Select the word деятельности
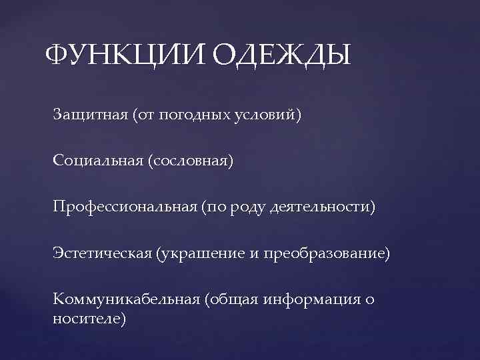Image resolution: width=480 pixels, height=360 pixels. [x=319, y=208]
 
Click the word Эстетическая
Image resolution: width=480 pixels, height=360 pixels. [x=100, y=254]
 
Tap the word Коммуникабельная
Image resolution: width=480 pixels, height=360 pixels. [x=126, y=299]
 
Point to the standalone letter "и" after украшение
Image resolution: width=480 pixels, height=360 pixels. [x=256, y=254]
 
